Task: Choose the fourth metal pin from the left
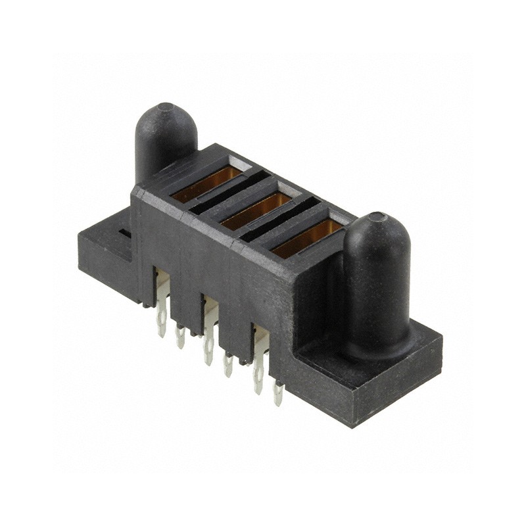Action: click(x=227, y=364)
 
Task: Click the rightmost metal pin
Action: click(x=278, y=393)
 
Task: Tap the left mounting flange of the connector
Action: click(x=105, y=253)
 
